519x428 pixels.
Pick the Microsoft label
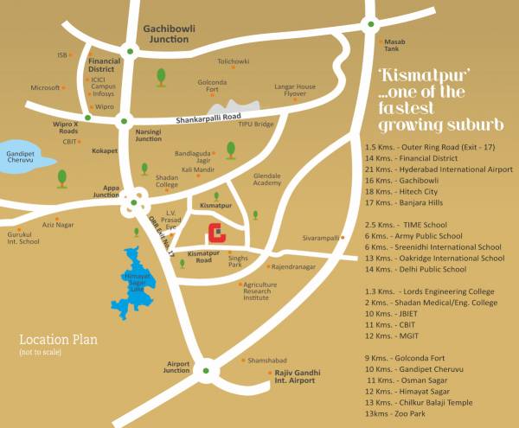click(44, 87)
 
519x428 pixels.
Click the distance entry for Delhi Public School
click(420, 269)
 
